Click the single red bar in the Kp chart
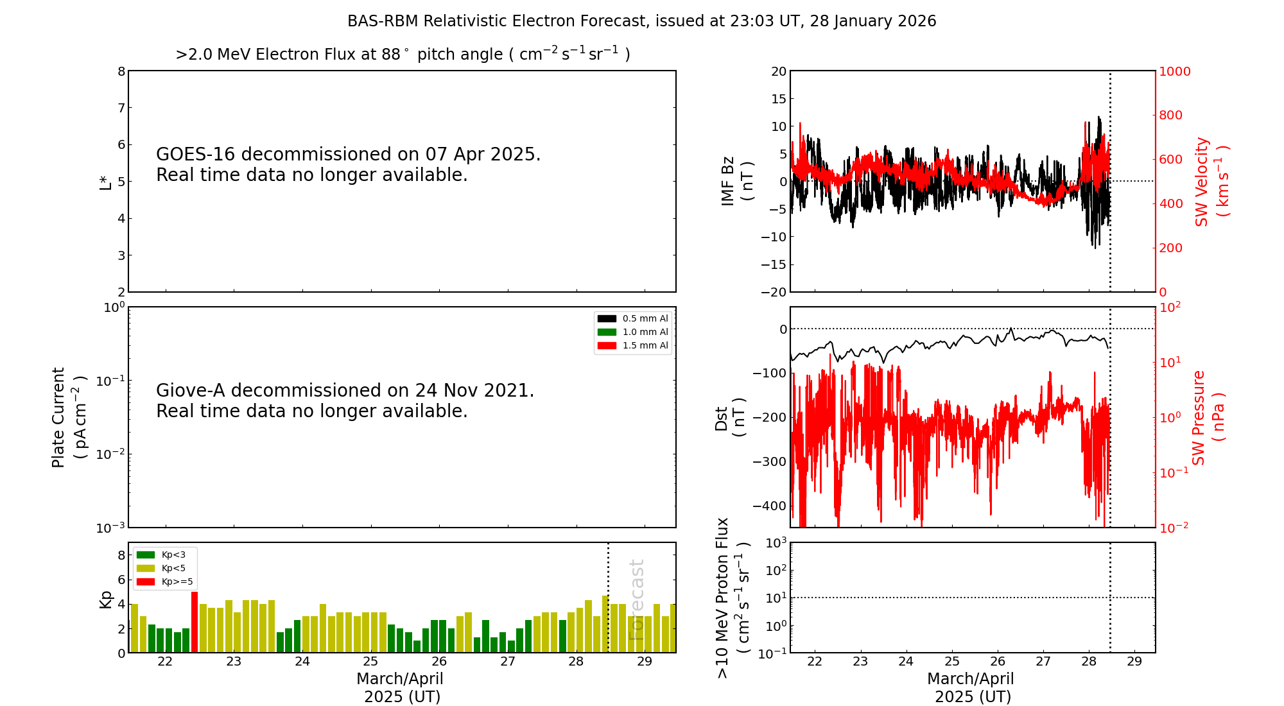pyautogui.click(x=195, y=621)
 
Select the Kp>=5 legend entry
pyautogui.click(x=165, y=582)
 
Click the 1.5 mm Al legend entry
pyautogui.click(x=633, y=346)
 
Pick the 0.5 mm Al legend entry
pyautogui.click(x=633, y=319)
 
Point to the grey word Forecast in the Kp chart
pyautogui.click(x=636, y=599)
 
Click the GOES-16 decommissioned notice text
pyautogui.click(x=348, y=164)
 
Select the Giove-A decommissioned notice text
pyautogui.click(x=345, y=400)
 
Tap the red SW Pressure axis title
pyautogui.click(x=1208, y=417)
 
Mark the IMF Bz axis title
pyautogui.click(x=736, y=181)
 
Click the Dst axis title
pyautogui.click(x=730, y=417)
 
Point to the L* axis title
pyautogui.click(x=105, y=182)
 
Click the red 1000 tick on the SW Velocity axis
pyautogui.click(x=1174, y=71)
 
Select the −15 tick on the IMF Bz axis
pyautogui.click(x=774, y=264)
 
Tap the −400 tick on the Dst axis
pyautogui.click(x=769, y=506)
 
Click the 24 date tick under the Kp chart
pyautogui.click(x=302, y=662)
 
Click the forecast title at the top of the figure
pyautogui.click(x=641, y=21)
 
